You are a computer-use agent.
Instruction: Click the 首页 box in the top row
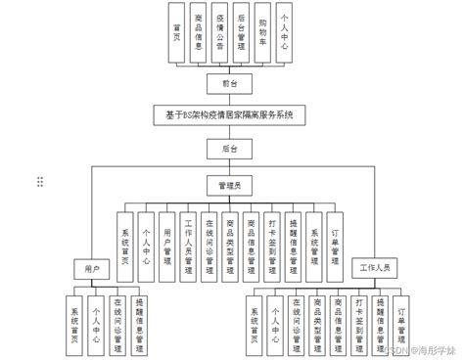pos(176,36)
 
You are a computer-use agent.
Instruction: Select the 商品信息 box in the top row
pos(199,36)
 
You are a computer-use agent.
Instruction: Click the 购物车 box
pos(263,36)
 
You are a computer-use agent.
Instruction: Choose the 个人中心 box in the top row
pos(286,36)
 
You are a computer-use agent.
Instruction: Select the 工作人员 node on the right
pos(374,267)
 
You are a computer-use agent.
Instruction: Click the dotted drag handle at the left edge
pos(40,182)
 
